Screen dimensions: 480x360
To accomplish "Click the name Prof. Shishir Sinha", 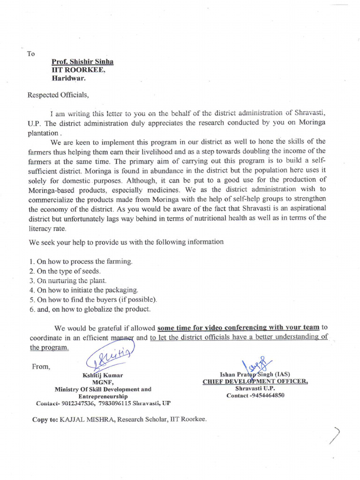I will pos(82,62).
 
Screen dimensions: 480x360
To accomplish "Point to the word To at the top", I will pos(31,53).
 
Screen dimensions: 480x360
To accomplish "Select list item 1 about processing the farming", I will pos(81,261).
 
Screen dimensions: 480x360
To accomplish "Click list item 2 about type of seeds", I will pos(65,271).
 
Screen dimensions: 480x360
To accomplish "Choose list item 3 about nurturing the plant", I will pos(68,280).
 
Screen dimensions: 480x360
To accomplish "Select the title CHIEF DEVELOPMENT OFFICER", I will pos(255,382).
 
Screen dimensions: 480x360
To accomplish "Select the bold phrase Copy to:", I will pos(45,419).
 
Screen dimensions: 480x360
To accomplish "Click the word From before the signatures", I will pos(40,367).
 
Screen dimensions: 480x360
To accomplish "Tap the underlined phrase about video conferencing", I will pos(239,327).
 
